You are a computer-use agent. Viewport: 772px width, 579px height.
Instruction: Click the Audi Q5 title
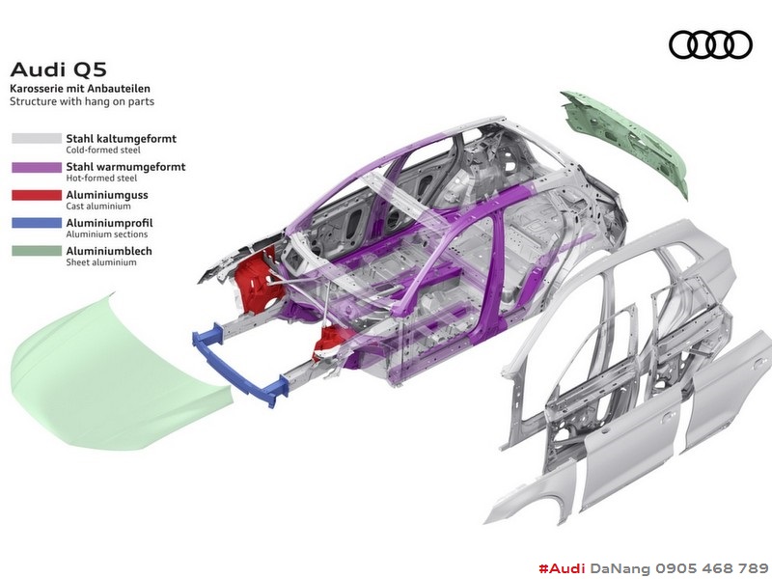[58, 69]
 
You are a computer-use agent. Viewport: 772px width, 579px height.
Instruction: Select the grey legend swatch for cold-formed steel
[37, 138]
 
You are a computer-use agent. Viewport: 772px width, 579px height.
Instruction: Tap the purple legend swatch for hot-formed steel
[37, 167]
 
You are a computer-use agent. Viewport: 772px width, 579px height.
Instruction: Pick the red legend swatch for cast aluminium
[37, 195]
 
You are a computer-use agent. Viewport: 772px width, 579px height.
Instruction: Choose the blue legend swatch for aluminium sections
[37, 223]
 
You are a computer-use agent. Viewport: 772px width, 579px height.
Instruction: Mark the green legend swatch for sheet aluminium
[37, 251]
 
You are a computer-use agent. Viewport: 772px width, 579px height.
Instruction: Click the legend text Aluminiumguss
[107, 195]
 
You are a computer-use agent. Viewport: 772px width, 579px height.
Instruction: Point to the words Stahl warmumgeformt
[125, 167]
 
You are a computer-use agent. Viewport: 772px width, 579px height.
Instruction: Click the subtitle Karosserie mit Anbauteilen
[80, 89]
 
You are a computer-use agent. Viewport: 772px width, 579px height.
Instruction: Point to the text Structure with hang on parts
[82, 102]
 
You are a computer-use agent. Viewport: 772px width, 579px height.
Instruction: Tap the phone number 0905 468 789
[711, 568]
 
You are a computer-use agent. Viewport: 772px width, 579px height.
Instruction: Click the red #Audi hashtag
[562, 568]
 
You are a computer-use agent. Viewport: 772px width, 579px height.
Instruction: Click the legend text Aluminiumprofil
[109, 223]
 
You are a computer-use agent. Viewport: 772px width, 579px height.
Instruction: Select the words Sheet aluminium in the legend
[101, 262]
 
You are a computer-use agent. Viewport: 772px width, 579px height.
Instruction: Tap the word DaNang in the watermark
[620, 568]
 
